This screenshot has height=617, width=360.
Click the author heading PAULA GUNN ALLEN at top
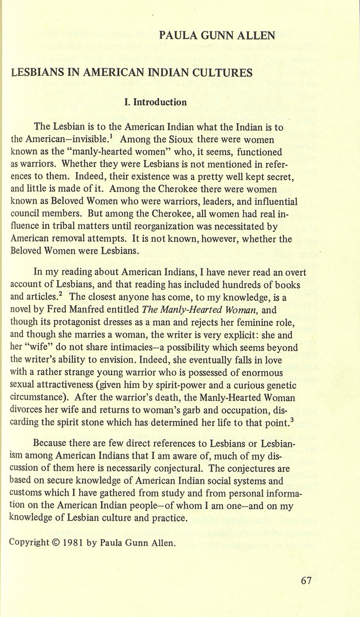tap(217, 36)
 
